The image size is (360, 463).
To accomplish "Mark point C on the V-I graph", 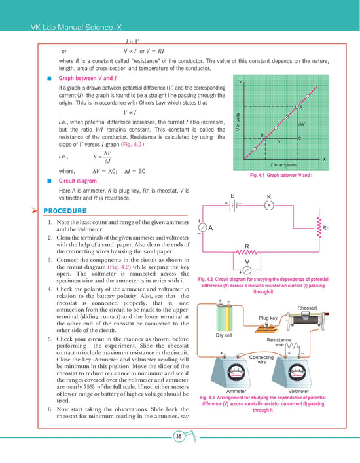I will point(298,139).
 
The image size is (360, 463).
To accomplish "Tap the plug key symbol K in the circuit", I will point(268,204).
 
